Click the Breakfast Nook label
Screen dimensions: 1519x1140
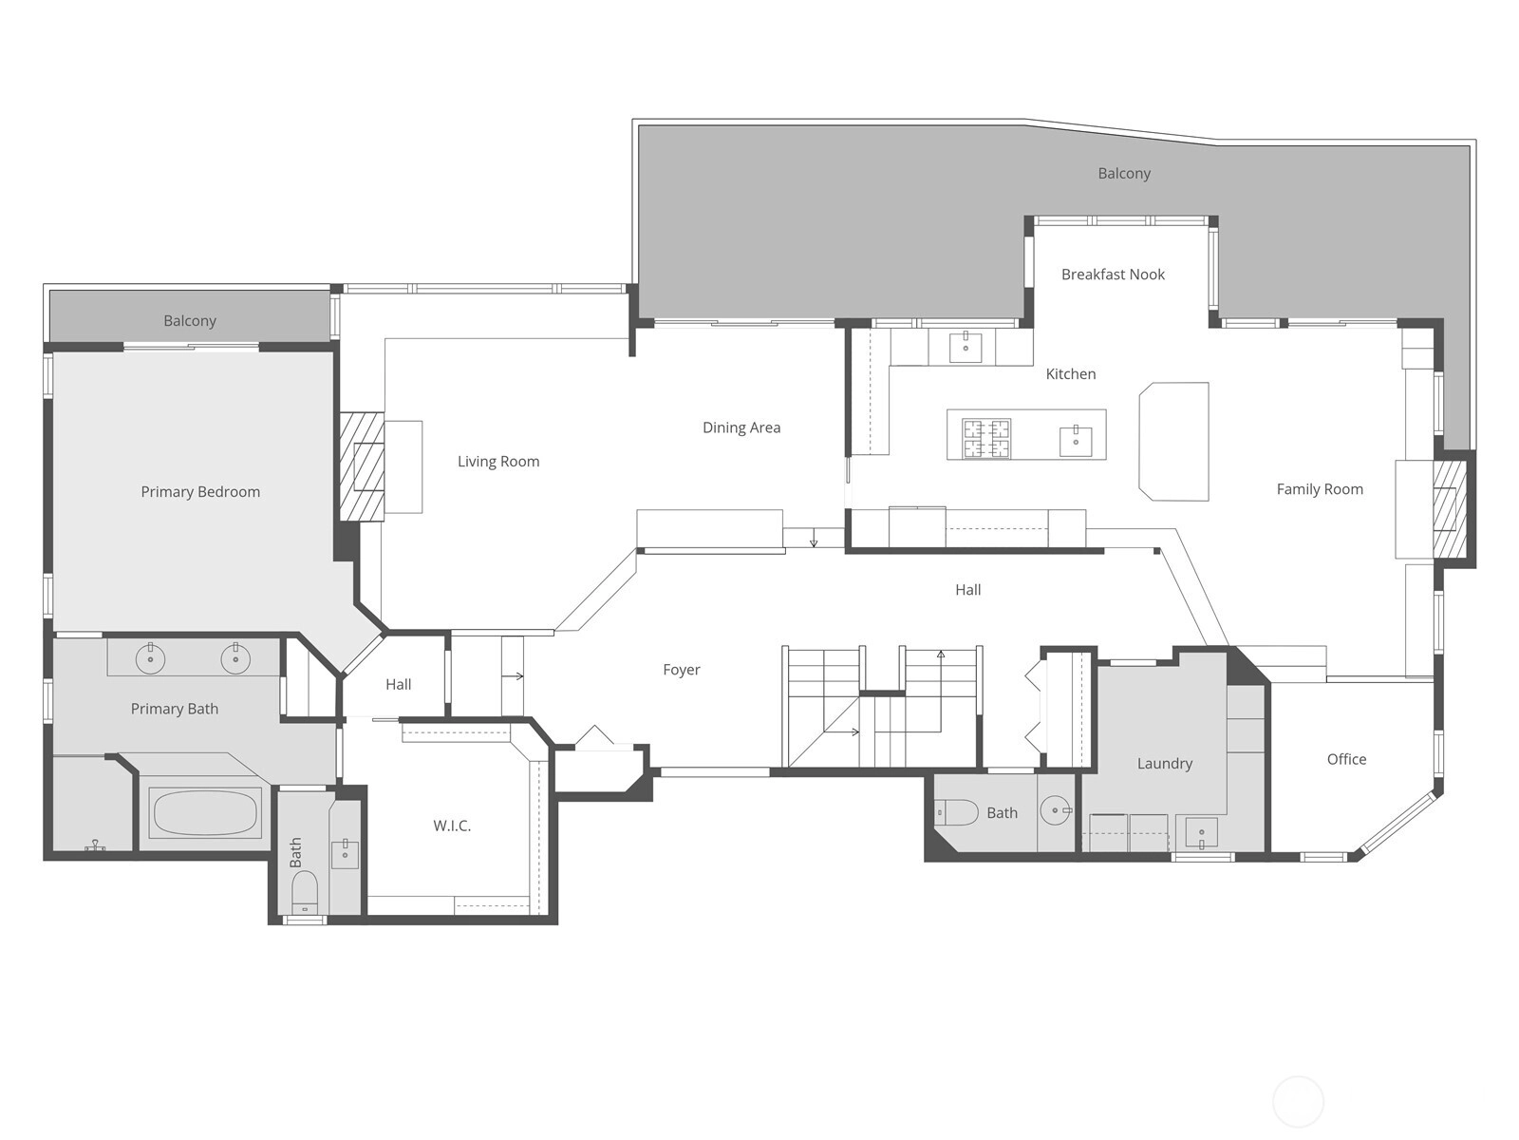1113,275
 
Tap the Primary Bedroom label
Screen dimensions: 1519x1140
200,492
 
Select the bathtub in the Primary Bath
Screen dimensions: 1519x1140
205,812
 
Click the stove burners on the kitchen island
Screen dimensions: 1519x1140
986,438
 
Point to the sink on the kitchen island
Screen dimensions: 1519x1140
1076,442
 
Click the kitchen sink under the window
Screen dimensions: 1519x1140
966,347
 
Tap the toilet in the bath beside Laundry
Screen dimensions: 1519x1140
956,812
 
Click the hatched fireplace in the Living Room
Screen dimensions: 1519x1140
362,466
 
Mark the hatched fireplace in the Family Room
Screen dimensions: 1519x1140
1449,509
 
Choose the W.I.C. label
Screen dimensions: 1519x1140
452,826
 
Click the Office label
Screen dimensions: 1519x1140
1346,759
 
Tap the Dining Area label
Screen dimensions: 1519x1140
741,427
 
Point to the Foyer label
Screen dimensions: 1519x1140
682,670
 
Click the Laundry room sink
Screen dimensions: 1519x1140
1201,833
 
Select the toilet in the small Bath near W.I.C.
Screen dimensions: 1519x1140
305,892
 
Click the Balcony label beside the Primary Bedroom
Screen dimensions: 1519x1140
190,321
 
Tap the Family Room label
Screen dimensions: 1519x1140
1320,489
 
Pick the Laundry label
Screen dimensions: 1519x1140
1165,764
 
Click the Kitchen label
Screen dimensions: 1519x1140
1071,374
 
